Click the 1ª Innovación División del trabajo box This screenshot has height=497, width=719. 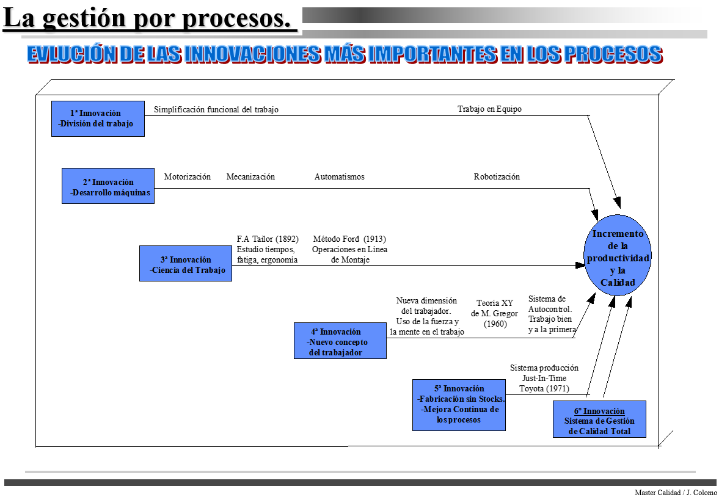click(x=98, y=118)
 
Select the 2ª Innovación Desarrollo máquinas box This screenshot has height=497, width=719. click(x=108, y=186)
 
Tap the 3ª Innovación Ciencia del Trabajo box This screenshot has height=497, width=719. click(x=186, y=264)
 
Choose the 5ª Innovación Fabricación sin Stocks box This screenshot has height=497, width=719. click(x=459, y=405)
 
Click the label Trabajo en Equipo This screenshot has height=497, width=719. click(x=489, y=109)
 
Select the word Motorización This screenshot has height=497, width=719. click(x=187, y=177)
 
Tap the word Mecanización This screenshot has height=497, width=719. click(x=250, y=177)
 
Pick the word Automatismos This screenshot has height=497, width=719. click(x=339, y=177)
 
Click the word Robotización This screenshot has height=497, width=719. click(x=497, y=177)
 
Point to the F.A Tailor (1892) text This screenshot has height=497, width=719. click(x=267, y=239)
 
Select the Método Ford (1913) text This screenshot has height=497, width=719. click(x=349, y=239)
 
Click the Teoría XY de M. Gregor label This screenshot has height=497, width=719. click(x=494, y=313)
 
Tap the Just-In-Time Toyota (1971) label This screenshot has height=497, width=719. click(x=544, y=379)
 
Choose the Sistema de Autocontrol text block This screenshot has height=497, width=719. click(x=552, y=314)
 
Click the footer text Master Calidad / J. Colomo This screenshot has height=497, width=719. click(x=676, y=493)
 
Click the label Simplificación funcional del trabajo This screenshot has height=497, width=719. click(x=216, y=110)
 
